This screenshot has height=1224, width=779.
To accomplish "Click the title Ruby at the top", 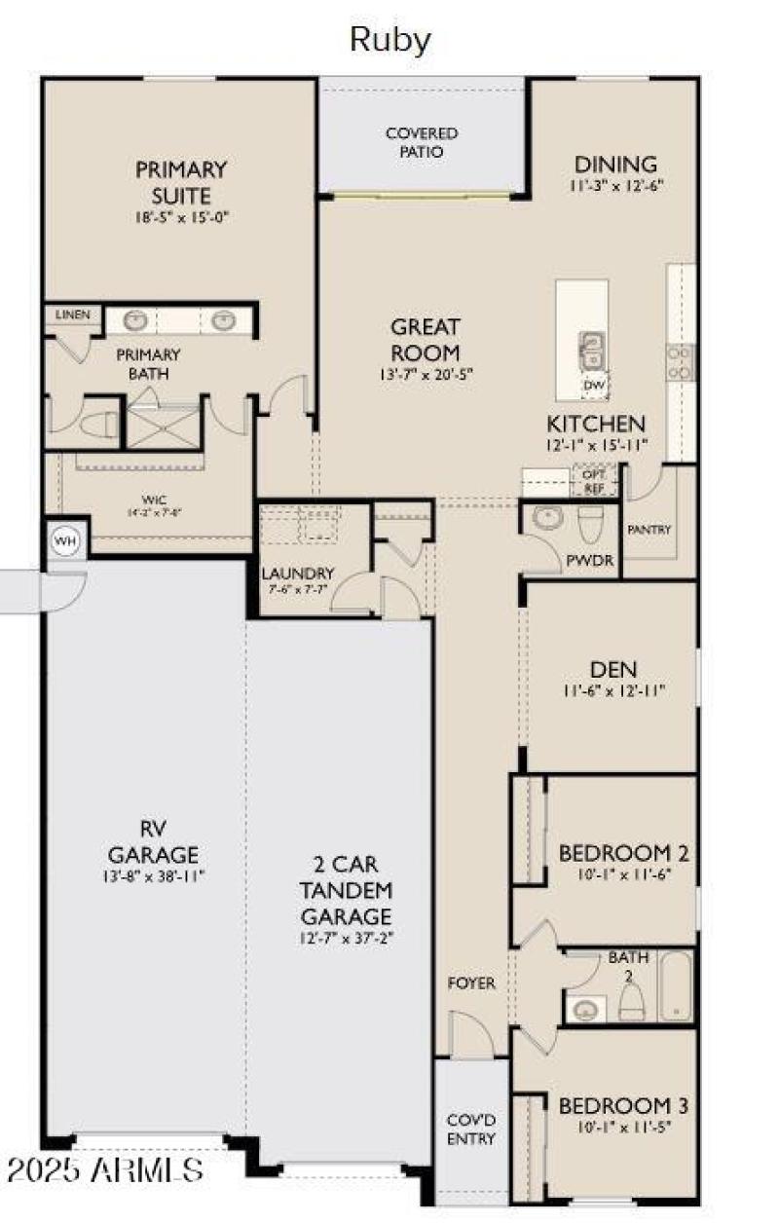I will (x=389, y=40).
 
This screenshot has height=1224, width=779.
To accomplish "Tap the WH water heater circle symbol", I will (x=65, y=541).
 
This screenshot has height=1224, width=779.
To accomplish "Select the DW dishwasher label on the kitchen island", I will (x=594, y=386).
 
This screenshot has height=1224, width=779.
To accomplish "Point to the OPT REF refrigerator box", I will (x=593, y=479).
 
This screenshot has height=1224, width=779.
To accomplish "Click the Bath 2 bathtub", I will (x=675, y=986).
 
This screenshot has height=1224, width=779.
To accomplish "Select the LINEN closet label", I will (x=73, y=315).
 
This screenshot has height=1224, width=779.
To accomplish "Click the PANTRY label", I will (x=649, y=530).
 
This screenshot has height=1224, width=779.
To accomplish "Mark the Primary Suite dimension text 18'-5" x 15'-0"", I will (x=180, y=217).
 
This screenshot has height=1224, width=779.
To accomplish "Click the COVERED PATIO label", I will (x=422, y=142).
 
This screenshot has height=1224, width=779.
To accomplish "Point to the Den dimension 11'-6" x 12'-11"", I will (x=613, y=690).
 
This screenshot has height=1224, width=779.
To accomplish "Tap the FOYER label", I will (x=472, y=983).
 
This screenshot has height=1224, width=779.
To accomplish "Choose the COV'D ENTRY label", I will (x=471, y=1130).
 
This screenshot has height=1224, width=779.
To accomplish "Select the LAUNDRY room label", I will (x=297, y=574).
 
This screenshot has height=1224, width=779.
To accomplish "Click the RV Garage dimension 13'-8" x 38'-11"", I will (x=153, y=875).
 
